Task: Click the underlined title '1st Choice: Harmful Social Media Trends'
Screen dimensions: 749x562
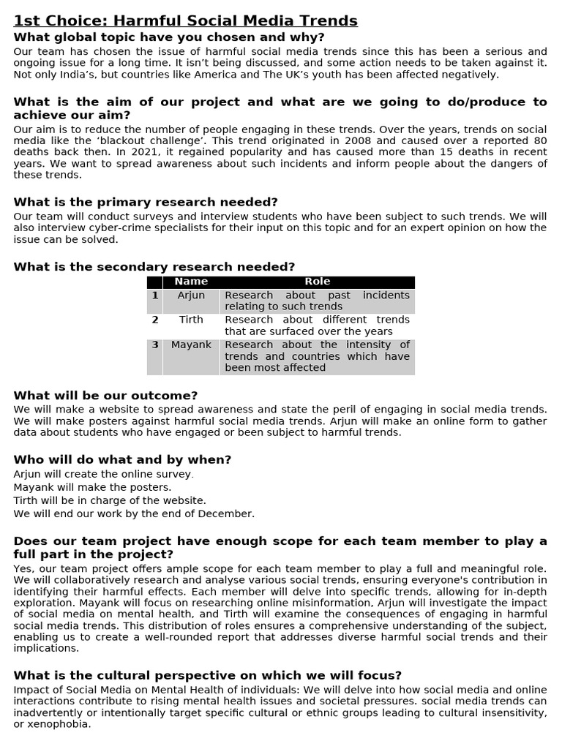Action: (186, 20)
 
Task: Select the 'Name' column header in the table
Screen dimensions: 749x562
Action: (191, 282)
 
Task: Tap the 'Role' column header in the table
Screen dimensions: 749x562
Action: (317, 282)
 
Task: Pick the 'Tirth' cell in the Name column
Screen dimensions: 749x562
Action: (191, 320)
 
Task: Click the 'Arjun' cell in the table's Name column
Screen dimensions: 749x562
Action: (191, 296)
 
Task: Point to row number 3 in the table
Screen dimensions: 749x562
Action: (154, 345)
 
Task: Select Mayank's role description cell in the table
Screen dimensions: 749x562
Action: (317, 356)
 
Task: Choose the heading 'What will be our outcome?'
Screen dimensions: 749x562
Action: (105, 396)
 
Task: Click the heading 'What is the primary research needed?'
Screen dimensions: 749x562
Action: (146, 203)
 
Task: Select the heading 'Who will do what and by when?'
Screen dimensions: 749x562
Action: (122, 460)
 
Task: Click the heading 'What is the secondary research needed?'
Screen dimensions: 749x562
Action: (154, 267)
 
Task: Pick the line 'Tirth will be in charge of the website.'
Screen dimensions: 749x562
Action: (110, 500)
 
